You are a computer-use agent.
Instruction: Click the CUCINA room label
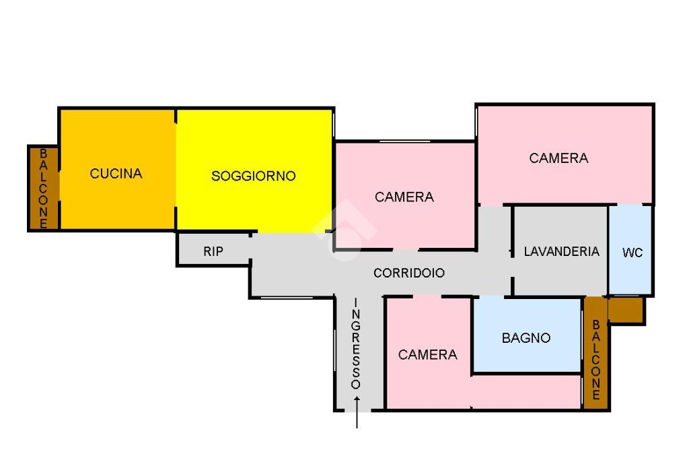pos(116,174)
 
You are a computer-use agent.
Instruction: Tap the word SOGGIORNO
pos(253,176)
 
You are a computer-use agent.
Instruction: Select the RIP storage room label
pos(213,252)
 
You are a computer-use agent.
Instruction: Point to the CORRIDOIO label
pos(409,273)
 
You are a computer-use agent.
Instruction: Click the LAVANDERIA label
pos(561,251)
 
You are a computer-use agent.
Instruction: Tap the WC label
pos(632,253)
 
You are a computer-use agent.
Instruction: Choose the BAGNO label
pos(526,338)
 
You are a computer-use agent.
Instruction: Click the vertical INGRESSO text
pos(356,343)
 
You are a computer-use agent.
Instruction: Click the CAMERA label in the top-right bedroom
pos(558,158)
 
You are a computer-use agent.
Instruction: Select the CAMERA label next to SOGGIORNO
pos(404,197)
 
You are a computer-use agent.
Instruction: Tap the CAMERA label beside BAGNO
pos(427,355)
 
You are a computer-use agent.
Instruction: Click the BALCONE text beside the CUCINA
pos(44,189)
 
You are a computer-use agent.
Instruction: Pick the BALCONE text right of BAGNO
pos(595,360)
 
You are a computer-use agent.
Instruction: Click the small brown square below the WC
pos(626,310)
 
